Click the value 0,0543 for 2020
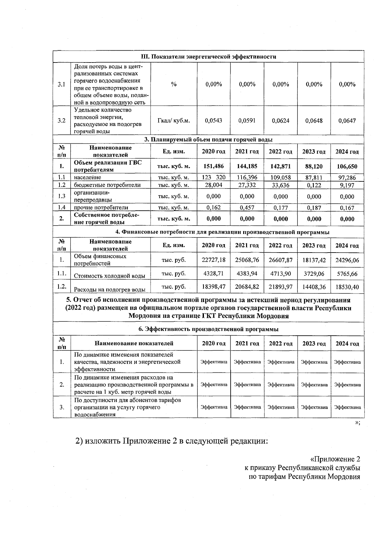pyautogui.click(x=214, y=121)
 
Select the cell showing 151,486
pyautogui.click(x=214, y=166)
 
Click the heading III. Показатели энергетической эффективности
pyautogui.click(x=209, y=57)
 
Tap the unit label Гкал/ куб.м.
pyautogui.click(x=174, y=121)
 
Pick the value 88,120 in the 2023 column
pyautogui.click(x=314, y=166)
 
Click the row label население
pyautogui.click(x=87, y=178)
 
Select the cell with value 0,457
pyautogui.click(x=247, y=208)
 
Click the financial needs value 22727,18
pyautogui.click(x=214, y=260)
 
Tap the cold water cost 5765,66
pyautogui.click(x=347, y=274)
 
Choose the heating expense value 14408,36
pyautogui.click(x=314, y=287)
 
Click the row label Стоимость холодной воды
pyautogui.click(x=109, y=276)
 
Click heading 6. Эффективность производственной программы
pyautogui.click(x=208, y=329)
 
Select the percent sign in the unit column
pyautogui.click(x=174, y=84)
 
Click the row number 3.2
pyautogui.click(x=61, y=121)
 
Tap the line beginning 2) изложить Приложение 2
pyautogui.click(x=171, y=440)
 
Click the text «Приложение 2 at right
pyautogui.click(x=335, y=459)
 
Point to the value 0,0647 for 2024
pyautogui.click(x=347, y=121)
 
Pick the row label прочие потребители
pyautogui.click(x=101, y=208)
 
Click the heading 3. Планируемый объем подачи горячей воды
pyautogui.click(x=208, y=139)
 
